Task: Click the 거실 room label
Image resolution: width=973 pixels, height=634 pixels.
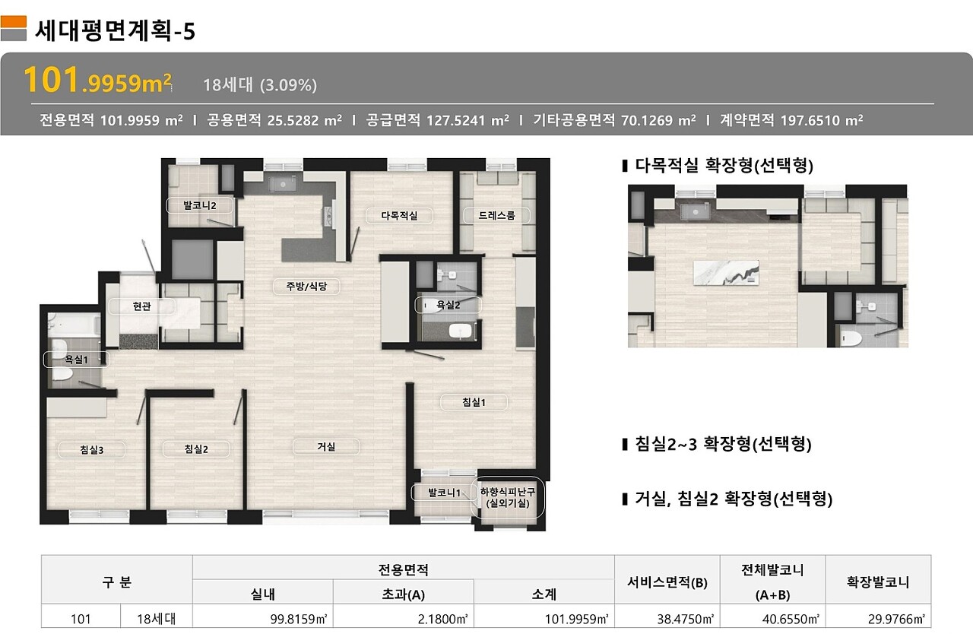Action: pos(326,446)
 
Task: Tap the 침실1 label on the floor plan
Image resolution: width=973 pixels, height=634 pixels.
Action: pos(474,402)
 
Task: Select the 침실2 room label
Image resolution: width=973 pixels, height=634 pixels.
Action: pos(196,449)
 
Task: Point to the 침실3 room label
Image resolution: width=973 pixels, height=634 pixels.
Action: pos(92,450)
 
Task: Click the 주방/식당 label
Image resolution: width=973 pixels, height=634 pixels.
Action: pos(306,286)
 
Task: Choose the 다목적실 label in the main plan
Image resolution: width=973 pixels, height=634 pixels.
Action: pos(399,215)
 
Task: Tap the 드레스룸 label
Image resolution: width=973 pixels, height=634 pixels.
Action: pos(496,215)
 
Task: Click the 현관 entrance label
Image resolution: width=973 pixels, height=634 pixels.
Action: pos(141,306)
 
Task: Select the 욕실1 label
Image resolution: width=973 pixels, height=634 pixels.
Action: pos(77,360)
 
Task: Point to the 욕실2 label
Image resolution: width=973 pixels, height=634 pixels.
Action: pos(448,305)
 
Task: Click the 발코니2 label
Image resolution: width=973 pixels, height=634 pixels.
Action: pos(199,205)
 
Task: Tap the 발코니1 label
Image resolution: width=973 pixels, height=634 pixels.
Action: pos(443,493)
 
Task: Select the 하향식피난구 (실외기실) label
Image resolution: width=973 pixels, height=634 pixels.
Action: pos(507,498)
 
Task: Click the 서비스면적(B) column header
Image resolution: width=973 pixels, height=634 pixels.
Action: pos(667,582)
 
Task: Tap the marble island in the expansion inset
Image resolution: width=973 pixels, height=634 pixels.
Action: pos(726,273)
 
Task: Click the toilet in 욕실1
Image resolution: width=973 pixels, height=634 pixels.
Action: pos(62,375)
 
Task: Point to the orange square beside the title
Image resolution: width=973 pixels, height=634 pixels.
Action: pos(14,22)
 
